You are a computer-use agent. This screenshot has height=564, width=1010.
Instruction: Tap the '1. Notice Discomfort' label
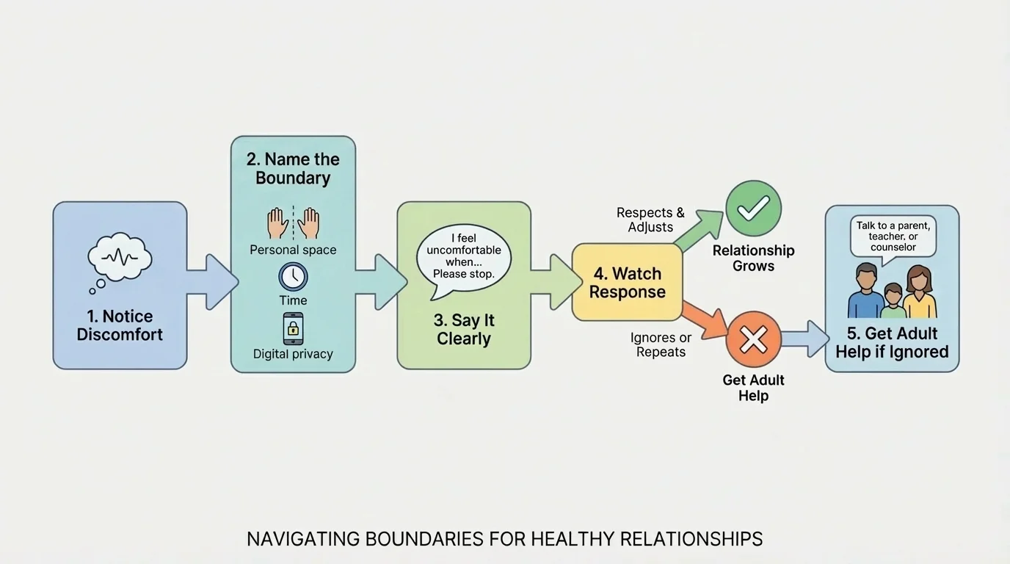(x=120, y=325)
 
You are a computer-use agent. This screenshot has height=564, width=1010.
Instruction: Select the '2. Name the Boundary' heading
(x=293, y=168)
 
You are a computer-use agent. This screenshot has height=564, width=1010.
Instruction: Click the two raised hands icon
(x=293, y=223)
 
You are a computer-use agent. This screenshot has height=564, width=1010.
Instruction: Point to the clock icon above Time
(x=293, y=277)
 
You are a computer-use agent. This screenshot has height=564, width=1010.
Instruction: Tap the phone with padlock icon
(x=293, y=328)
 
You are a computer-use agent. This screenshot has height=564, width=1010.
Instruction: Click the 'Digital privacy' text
(x=293, y=354)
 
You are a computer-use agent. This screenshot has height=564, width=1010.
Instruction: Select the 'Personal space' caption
(x=293, y=250)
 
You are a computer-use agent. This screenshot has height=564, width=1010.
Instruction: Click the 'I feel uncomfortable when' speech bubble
(x=463, y=257)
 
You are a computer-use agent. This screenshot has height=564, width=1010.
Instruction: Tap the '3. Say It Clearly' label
(x=464, y=330)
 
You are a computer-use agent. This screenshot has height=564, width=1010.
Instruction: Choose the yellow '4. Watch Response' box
(x=627, y=283)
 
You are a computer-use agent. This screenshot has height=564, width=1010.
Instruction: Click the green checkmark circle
(x=753, y=209)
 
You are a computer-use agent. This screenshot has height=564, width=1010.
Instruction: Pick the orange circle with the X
(x=753, y=339)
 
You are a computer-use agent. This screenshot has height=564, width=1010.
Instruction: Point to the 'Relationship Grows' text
(x=753, y=258)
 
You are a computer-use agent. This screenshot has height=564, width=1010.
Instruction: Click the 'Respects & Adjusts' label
(x=650, y=220)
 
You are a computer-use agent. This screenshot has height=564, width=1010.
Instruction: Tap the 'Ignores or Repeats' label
(x=661, y=344)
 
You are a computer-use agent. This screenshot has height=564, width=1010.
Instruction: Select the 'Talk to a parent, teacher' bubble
(x=893, y=236)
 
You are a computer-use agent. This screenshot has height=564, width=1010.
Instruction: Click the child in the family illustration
(x=893, y=301)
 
